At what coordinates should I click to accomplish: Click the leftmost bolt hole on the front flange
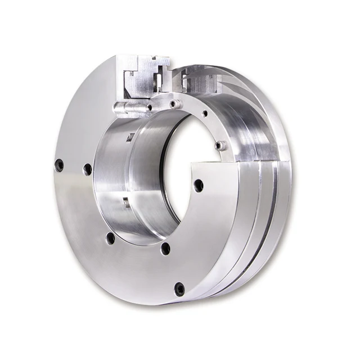coord(59,165)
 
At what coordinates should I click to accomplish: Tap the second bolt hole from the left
coord(87,169)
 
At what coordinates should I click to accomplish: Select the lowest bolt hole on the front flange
coord(179,289)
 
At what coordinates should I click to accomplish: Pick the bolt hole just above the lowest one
coord(164,248)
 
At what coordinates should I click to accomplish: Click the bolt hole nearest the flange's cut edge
coord(198,184)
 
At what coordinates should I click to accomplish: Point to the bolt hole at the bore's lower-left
coord(110,238)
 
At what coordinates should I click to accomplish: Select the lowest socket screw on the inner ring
coord(220,146)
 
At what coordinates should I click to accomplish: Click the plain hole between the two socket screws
coord(205,114)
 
